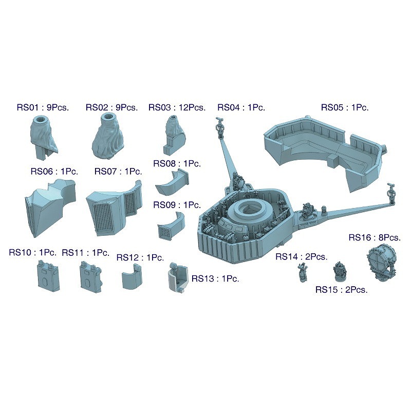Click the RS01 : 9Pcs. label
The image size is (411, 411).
tap(43, 107)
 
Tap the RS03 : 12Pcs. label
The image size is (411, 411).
tap(177, 107)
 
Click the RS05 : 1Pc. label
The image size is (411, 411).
tap(345, 107)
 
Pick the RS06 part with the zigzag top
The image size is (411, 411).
tap(50, 207)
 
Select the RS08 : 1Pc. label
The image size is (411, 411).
tap(177, 163)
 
